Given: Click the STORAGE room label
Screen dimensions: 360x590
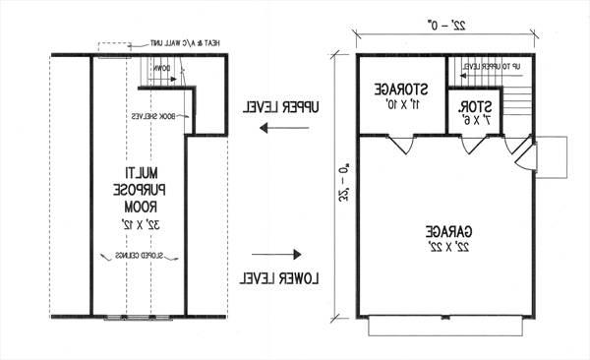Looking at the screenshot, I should pyautogui.click(x=399, y=90).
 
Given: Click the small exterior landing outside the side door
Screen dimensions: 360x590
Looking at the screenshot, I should pyautogui.click(x=553, y=157).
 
